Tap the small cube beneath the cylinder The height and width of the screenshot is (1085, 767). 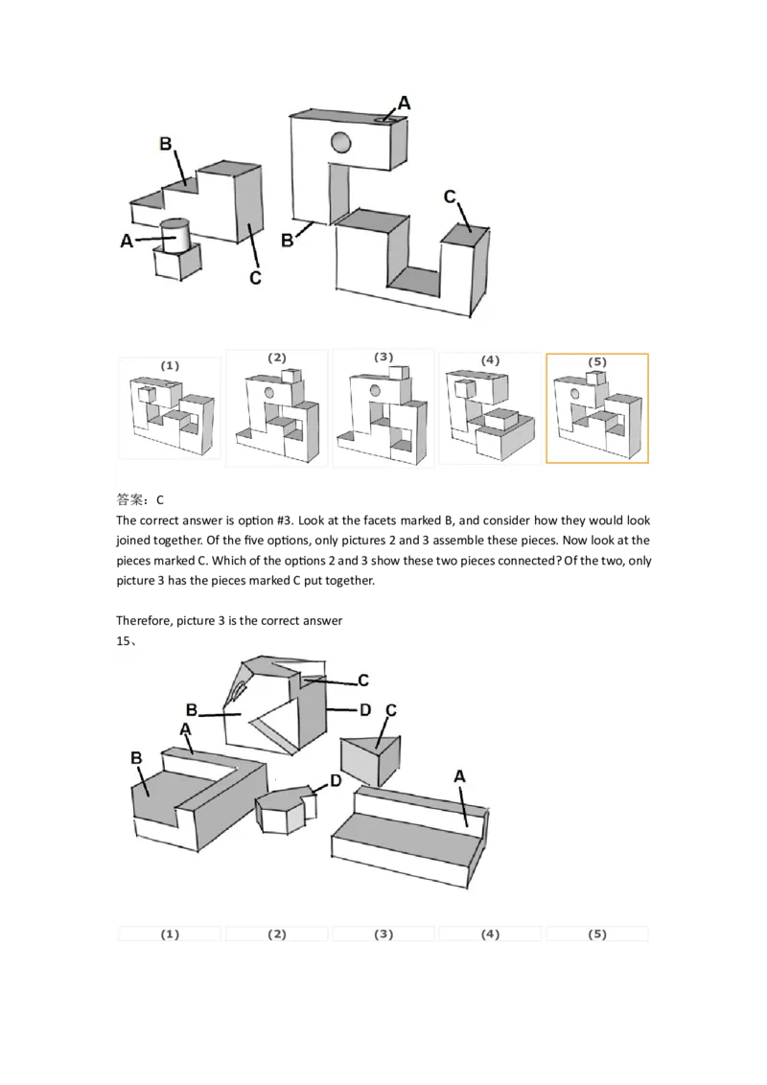[176, 263]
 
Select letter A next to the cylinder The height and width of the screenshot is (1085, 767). [127, 242]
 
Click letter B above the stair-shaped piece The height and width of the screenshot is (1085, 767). [165, 144]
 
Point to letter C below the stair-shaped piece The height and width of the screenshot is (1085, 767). [255, 278]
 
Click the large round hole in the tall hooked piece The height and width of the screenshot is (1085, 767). [341, 144]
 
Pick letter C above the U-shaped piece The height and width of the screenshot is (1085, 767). [450, 196]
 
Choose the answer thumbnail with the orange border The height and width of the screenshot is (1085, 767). [596, 408]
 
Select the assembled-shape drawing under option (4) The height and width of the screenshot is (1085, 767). [489, 417]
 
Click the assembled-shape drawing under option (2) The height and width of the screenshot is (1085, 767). [277, 417]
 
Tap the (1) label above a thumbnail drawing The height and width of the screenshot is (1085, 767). [170, 365]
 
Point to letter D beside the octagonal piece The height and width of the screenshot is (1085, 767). [335, 781]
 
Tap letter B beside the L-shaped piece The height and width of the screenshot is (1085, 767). [136, 757]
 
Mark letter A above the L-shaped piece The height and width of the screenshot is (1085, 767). [185, 729]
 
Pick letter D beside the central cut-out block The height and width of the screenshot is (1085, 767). [365, 710]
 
